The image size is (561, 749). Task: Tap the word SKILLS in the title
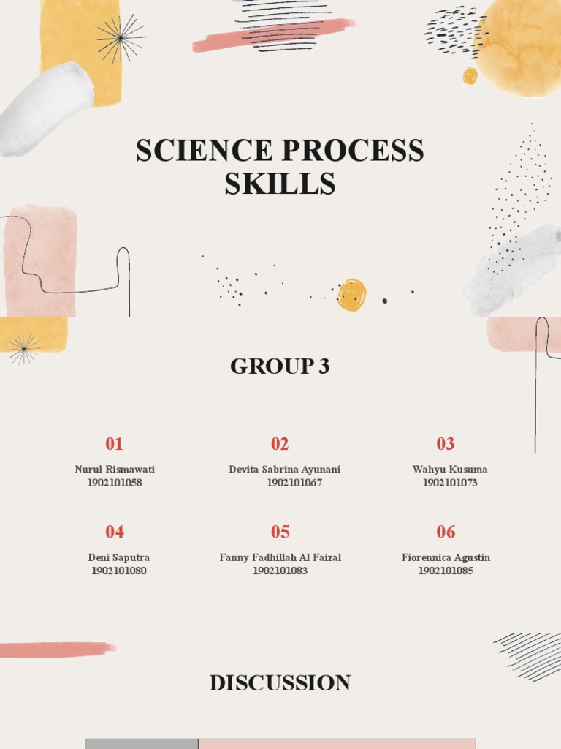[280, 184]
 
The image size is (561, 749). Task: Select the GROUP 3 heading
[280, 366]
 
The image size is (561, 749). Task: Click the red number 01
[114, 444]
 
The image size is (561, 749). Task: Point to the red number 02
[280, 444]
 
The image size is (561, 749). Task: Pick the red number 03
[446, 444]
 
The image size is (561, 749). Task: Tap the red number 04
[114, 532]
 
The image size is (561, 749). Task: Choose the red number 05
[280, 532]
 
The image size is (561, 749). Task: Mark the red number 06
[446, 532]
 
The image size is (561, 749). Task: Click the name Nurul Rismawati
[115, 470]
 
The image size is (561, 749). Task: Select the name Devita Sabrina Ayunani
[284, 470]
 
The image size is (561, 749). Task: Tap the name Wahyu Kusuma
[450, 470]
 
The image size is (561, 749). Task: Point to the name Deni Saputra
[119, 557]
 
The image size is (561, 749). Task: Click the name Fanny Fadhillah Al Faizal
[280, 557]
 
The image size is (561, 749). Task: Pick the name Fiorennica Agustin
[446, 557]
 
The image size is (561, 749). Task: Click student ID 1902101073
[450, 483]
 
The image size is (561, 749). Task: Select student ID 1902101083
[280, 571]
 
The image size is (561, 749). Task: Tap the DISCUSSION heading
[280, 683]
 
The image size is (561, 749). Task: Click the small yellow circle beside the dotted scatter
[351, 295]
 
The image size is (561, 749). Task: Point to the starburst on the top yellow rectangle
[121, 38]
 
